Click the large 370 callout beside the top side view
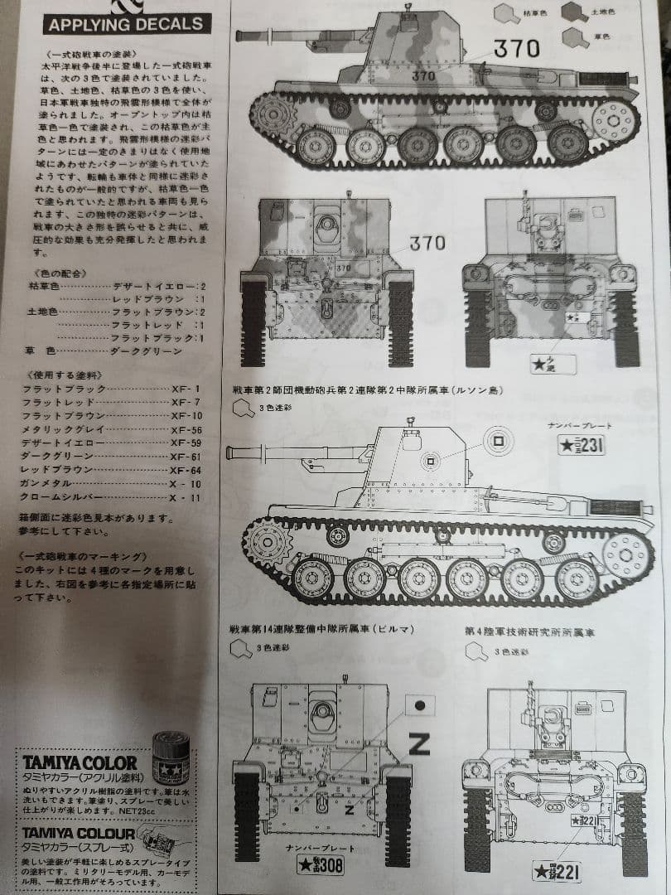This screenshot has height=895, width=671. (516, 49)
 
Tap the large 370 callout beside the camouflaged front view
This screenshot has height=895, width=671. (427, 243)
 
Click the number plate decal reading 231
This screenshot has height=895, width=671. (581, 446)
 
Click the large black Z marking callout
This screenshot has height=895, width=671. (419, 743)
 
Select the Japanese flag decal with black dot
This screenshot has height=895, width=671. (418, 706)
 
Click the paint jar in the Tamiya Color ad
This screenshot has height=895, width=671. (174, 756)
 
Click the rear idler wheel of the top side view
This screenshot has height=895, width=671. (614, 121)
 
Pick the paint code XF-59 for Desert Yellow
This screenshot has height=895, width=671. (186, 443)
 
